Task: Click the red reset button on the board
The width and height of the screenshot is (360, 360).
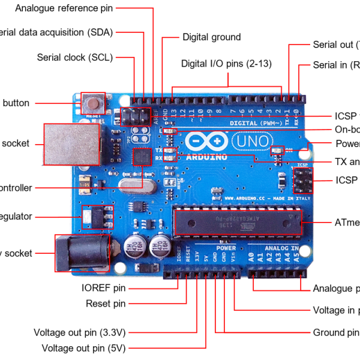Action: pos(93,102)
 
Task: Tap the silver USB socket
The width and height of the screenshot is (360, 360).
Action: pos(67,145)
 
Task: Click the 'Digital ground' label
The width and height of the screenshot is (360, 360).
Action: pos(211,37)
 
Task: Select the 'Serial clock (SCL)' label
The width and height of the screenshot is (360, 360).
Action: pos(74,58)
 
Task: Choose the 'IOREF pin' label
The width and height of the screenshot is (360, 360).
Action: pos(103,288)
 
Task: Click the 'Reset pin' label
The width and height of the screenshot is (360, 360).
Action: pos(106,304)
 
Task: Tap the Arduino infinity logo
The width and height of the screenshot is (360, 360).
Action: pos(206,142)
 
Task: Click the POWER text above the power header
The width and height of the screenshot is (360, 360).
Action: pos(226,247)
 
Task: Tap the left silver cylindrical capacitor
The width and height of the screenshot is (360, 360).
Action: pos(133,245)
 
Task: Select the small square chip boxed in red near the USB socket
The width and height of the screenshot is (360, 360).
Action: pos(142,157)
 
